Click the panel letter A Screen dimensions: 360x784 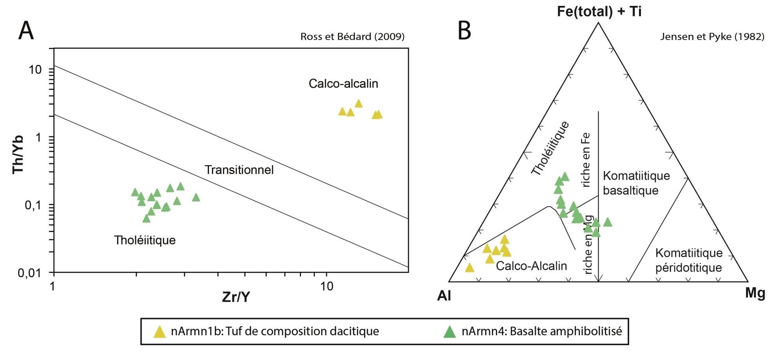click(x=26, y=31)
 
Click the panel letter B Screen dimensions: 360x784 click(x=464, y=31)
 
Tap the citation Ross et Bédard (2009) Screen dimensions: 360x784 click(x=352, y=37)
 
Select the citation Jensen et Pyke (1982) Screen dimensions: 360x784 click(x=712, y=37)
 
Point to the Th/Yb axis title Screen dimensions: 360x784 click(x=18, y=154)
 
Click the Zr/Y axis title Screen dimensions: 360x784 click(x=236, y=297)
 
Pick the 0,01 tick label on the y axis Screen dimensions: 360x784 click(x=30, y=273)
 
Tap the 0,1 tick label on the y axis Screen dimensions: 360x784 click(x=33, y=205)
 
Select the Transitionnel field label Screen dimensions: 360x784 click(x=239, y=170)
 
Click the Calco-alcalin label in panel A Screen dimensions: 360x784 click(x=343, y=84)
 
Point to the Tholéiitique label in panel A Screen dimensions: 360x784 click(x=145, y=240)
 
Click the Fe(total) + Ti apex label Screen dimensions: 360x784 click(x=599, y=12)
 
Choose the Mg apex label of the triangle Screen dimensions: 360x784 click(x=755, y=294)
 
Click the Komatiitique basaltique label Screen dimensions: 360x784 click(x=636, y=183)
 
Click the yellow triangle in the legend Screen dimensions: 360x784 click(x=160, y=332)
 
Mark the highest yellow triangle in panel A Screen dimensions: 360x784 click(x=358, y=104)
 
